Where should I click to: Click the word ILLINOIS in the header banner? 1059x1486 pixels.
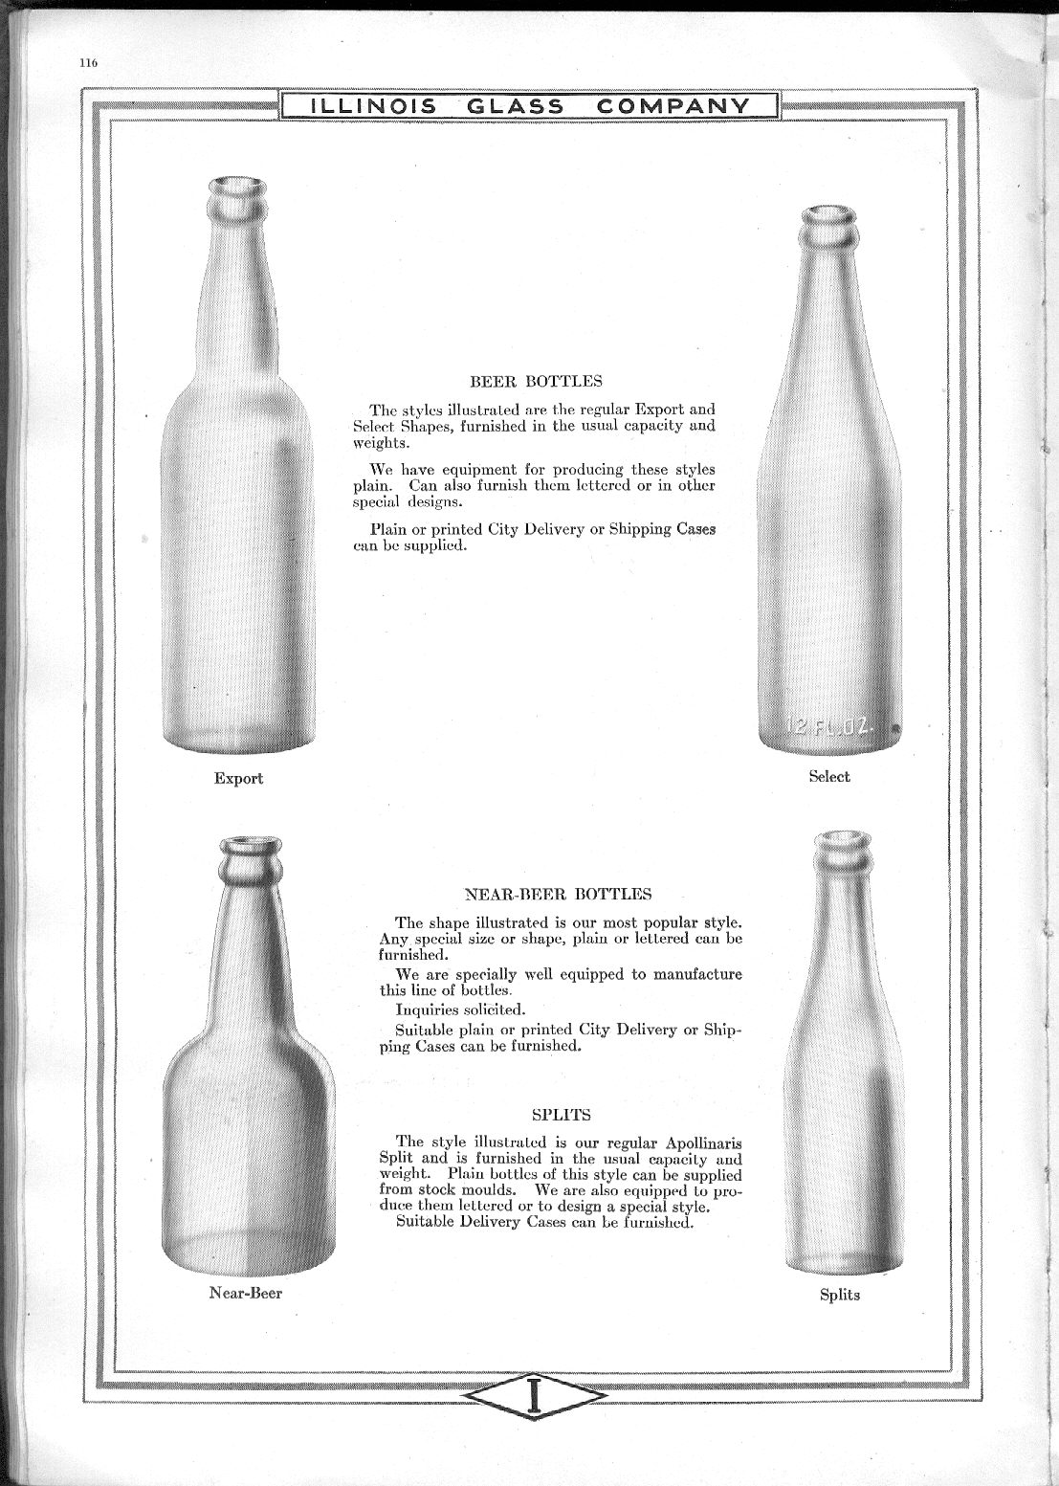pyautogui.click(x=368, y=105)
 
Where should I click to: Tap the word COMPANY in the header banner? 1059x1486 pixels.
pyautogui.click(x=673, y=105)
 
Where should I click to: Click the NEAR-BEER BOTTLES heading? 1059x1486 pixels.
pyautogui.click(x=558, y=895)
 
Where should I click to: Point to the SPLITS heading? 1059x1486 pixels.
pyautogui.click(x=561, y=1114)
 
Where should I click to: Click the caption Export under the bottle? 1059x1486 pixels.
pyautogui.click(x=238, y=778)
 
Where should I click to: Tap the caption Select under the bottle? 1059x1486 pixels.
pyautogui.click(x=828, y=776)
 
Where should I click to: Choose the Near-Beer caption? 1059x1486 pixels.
pyautogui.click(x=246, y=1293)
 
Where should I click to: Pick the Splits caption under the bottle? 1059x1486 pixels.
pyautogui.click(x=839, y=1295)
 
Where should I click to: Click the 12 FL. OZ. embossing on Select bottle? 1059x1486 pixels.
pyautogui.click(x=828, y=727)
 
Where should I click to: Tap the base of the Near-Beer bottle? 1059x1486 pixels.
pyautogui.click(x=249, y=1253)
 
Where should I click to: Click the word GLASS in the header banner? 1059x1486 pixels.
pyautogui.click(x=516, y=105)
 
